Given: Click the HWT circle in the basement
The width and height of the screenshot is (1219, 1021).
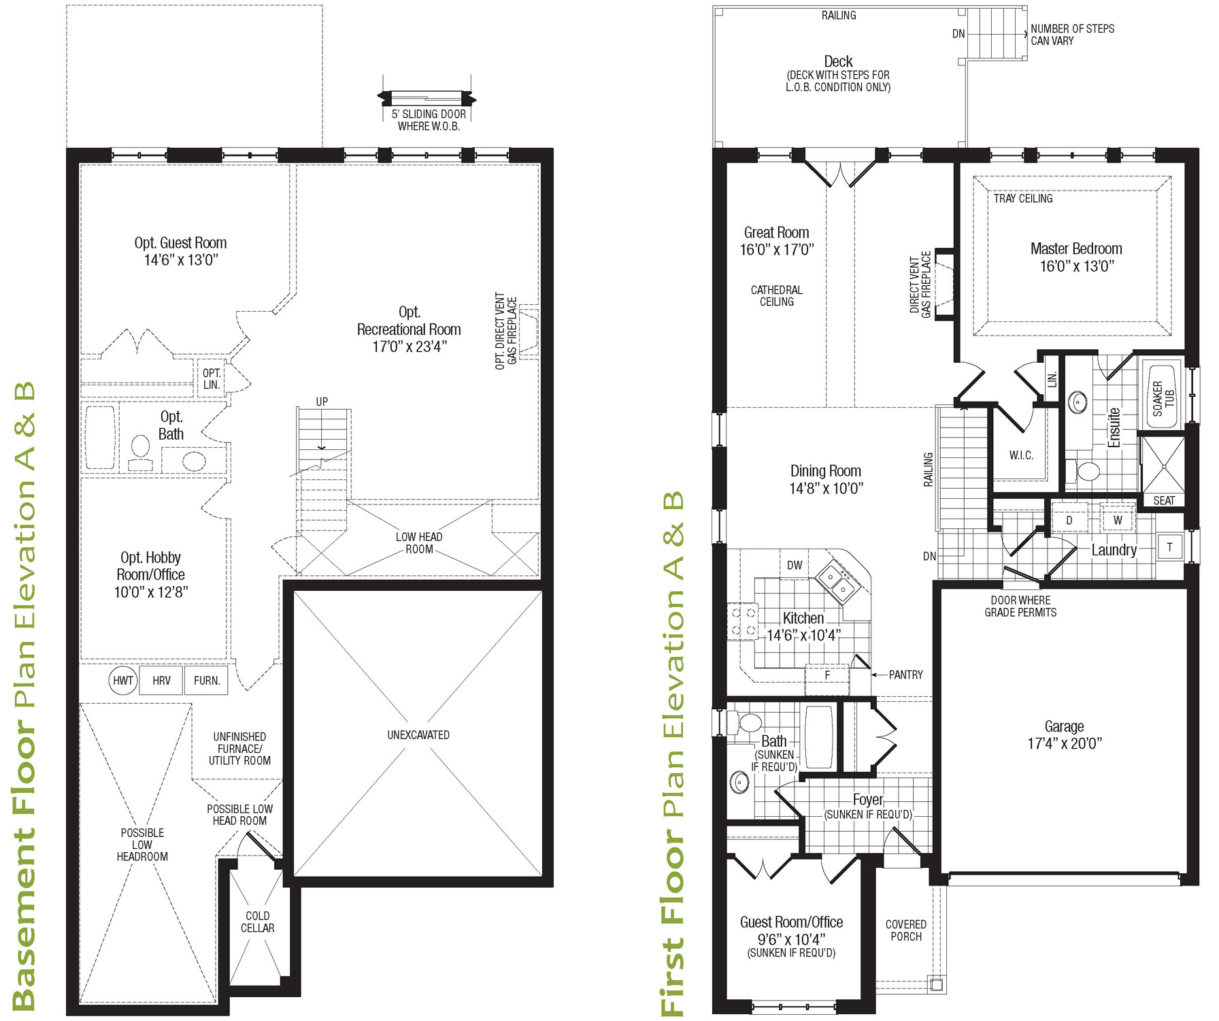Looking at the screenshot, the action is [x=123, y=680].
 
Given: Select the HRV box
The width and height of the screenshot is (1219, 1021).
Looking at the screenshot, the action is [x=161, y=680].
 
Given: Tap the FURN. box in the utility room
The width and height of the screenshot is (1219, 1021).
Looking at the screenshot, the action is [x=207, y=680].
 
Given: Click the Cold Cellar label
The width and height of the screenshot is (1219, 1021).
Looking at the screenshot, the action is [x=258, y=922].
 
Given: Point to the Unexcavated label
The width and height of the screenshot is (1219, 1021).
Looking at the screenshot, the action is [x=418, y=735].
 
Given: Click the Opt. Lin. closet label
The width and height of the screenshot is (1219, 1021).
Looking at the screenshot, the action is [x=212, y=378].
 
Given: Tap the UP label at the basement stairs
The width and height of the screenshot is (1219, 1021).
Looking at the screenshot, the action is [x=322, y=402].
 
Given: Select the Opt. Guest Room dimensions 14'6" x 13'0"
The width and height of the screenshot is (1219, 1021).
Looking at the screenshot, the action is [x=180, y=260].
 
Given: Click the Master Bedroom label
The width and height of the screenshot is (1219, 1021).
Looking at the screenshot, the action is [x=1076, y=249].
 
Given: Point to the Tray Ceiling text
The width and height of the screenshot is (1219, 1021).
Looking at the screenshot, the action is [x=1023, y=199].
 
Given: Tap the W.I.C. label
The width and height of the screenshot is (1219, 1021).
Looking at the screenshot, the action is [x=1021, y=455].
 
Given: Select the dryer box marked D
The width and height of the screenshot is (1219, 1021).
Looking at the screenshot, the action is [x=1069, y=521].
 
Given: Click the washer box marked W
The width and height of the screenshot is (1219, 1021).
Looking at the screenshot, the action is [x=1118, y=521].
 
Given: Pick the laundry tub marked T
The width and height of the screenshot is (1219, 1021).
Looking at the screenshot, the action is [x=1169, y=547].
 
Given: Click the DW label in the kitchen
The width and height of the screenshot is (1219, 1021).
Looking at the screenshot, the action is [x=795, y=565].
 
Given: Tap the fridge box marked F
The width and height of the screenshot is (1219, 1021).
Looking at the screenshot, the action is [x=827, y=675].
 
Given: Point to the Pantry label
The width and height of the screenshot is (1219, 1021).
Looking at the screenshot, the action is [x=906, y=675].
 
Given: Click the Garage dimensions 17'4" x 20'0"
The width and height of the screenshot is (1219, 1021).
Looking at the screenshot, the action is [x=1065, y=744].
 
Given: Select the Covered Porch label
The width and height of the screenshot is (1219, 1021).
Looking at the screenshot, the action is [x=906, y=930].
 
